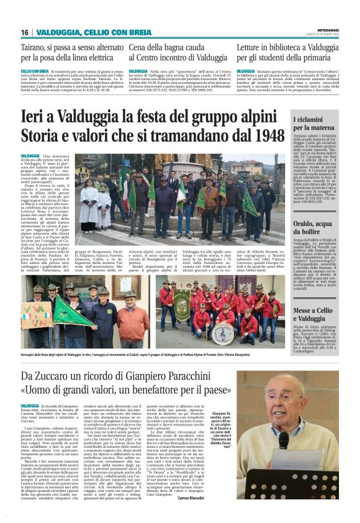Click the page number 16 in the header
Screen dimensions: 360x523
[25, 32]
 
